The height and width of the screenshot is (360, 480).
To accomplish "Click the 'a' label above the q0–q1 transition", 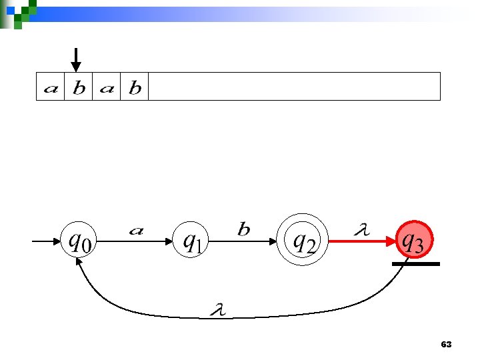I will [136, 231].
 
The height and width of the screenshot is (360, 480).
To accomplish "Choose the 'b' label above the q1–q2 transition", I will [244, 229].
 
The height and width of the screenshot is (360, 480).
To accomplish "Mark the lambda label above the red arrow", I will [361, 230].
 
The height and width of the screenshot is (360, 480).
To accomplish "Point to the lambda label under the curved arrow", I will [217, 308].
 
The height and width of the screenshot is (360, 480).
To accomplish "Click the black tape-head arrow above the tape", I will [77, 59].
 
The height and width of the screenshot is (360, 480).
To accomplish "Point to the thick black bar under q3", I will [415, 264].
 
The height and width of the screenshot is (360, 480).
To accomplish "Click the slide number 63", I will [446, 345].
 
